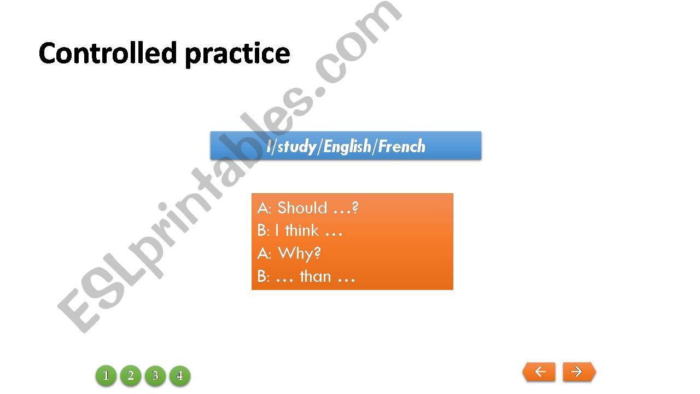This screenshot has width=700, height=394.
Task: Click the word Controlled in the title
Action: (108, 53)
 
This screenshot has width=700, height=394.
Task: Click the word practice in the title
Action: (237, 54)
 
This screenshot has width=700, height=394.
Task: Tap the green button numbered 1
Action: (106, 375)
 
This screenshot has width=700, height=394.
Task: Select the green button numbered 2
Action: (131, 375)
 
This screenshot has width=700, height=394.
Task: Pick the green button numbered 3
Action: (155, 375)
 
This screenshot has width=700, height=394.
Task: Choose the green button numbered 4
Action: (180, 375)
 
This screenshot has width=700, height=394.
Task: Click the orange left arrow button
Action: (539, 372)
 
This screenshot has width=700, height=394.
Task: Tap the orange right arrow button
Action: (579, 372)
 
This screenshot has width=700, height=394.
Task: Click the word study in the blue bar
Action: (296, 147)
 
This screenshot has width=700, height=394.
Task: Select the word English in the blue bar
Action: (347, 146)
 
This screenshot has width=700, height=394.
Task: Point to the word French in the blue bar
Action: (401, 146)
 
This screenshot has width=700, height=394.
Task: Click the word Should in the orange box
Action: (302, 207)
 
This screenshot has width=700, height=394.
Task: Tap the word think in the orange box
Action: (301, 230)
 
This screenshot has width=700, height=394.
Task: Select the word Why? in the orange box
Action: (299, 253)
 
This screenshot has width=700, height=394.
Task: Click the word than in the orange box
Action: (315, 276)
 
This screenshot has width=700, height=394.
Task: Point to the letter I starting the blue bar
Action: (269, 146)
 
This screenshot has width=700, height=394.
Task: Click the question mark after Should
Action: (355, 207)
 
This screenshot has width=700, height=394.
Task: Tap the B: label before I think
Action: (264, 230)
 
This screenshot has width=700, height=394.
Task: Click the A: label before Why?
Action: (264, 253)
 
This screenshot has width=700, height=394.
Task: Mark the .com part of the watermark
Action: (356, 43)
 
